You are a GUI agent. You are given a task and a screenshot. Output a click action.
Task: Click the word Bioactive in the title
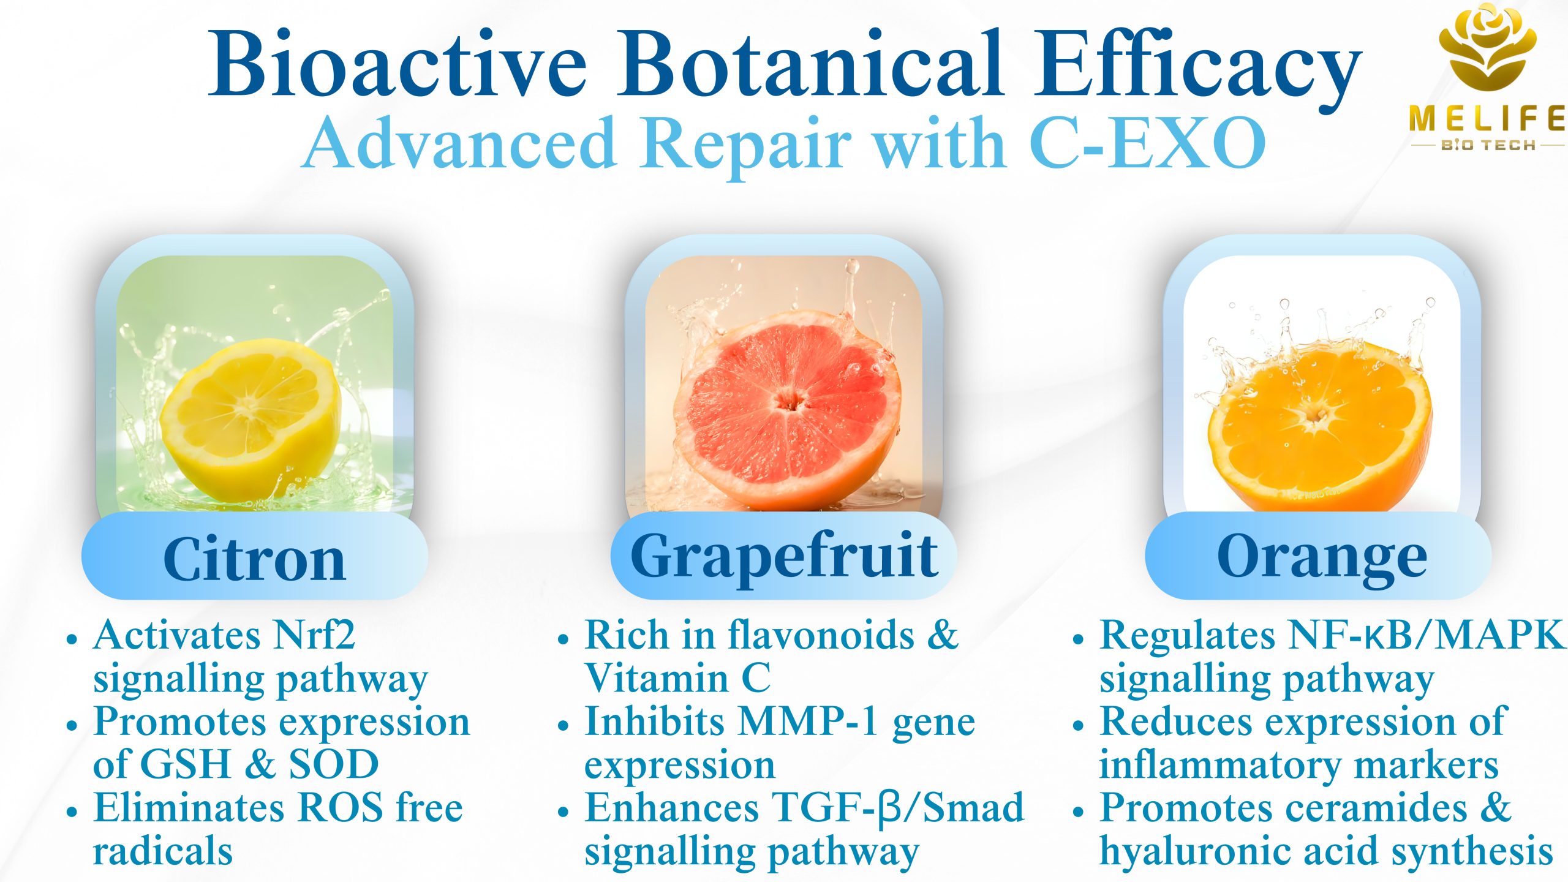[398, 64]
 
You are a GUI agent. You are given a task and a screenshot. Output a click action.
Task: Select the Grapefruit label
[784, 557]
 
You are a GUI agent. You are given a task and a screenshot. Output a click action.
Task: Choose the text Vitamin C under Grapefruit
[677, 678]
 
